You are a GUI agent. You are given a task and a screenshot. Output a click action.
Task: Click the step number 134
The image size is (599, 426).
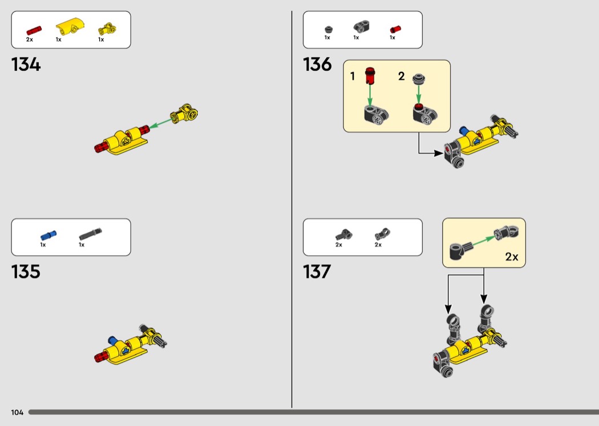pyautogui.click(x=26, y=65)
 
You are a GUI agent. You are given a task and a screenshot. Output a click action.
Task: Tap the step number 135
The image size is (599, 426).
pyautogui.click(x=26, y=271)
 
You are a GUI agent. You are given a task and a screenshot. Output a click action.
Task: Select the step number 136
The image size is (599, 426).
pyautogui.click(x=317, y=65)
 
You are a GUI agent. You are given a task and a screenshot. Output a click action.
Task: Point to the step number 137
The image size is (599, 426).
pyautogui.click(x=317, y=271)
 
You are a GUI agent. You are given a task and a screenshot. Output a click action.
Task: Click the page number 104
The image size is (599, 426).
pyautogui.click(x=17, y=412)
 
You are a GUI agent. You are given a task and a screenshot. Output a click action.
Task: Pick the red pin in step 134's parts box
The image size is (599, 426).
pyautogui.click(x=34, y=28)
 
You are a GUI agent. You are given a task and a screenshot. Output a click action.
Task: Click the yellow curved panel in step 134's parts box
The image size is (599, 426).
pyautogui.click(x=70, y=26)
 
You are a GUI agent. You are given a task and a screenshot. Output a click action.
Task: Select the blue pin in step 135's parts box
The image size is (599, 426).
pyautogui.click(x=48, y=234)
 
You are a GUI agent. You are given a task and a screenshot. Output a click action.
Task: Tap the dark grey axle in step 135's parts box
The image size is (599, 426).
pyautogui.click(x=90, y=233)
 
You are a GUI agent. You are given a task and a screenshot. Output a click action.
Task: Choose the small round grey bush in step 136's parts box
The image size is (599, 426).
pyautogui.click(x=328, y=29)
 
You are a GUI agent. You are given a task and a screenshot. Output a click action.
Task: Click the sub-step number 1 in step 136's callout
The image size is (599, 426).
pyautogui.click(x=353, y=76)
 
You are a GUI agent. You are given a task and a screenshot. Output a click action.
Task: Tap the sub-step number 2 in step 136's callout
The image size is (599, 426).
pyautogui.click(x=401, y=76)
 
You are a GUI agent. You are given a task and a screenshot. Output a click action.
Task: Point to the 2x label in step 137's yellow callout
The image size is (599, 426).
pyautogui.click(x=512, y=257)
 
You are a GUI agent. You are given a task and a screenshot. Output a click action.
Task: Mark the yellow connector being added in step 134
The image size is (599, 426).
pyautogui.click(x=187, y=113)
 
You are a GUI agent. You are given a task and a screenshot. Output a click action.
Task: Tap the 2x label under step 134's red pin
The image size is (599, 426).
pyautogui.click(x=30, y=40)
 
